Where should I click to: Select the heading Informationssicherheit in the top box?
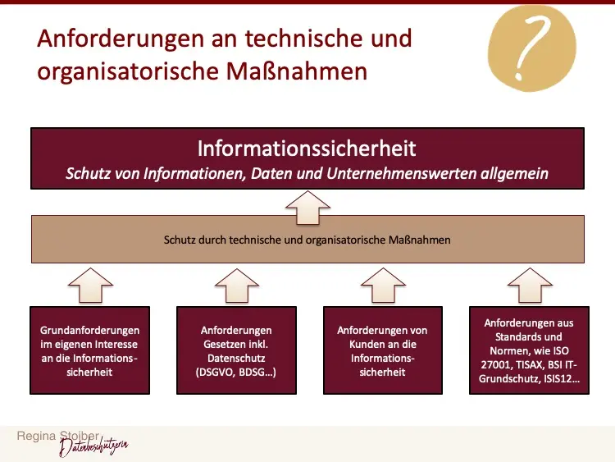point(307,149)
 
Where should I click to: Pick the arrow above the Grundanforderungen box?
point(89,286)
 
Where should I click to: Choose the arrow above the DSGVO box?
point(236,286)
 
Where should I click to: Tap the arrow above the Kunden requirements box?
point(383,286)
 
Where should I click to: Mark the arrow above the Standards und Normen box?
point(530,286)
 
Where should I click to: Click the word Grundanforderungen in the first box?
point(89,330)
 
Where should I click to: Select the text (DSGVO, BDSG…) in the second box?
point(236,372)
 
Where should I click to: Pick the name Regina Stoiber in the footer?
point(54,437)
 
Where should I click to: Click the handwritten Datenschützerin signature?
point(93,447)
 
